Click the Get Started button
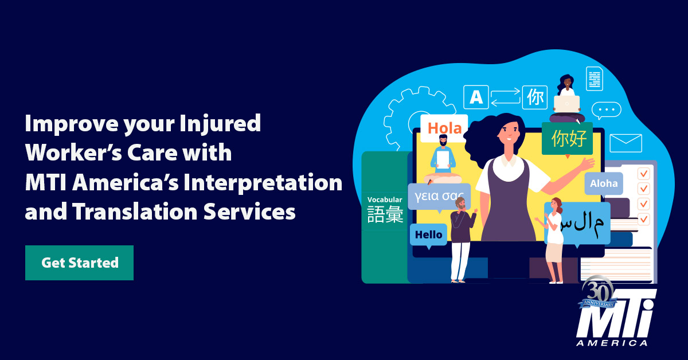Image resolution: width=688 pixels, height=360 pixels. (79, 263)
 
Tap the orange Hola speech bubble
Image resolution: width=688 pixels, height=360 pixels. (444, 128)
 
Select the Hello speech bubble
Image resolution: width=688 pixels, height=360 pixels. (428, 234)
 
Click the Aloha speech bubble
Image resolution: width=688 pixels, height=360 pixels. (604, 183)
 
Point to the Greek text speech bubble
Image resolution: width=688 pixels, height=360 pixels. (439, 197)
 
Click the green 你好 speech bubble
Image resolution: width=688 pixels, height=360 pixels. (567, 138)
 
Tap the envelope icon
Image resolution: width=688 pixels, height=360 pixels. (626, 143)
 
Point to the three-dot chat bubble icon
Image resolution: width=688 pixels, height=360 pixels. (606, 110)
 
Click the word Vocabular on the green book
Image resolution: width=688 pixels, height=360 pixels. (385, 200)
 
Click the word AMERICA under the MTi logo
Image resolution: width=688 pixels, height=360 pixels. (613, 343)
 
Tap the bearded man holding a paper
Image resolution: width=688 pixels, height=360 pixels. (443, 153)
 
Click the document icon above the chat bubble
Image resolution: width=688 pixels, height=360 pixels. (594, 78)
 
